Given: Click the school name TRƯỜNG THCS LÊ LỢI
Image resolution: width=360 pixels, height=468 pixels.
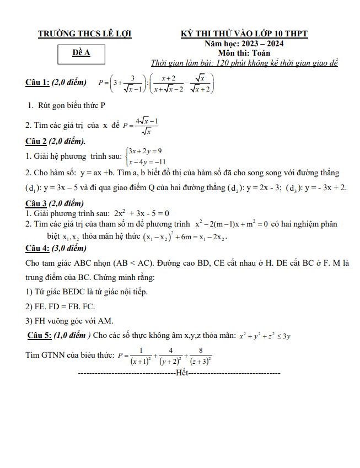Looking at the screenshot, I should (x=84, y=34).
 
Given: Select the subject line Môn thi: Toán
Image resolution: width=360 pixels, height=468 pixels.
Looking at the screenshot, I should (x=244, y=53).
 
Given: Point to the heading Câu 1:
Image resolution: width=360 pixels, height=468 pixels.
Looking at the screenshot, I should (x=37, y=83).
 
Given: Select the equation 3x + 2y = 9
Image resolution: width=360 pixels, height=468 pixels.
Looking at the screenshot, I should (x=144, y=151).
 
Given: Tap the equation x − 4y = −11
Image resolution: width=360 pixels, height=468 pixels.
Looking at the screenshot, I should (x=147, y=162).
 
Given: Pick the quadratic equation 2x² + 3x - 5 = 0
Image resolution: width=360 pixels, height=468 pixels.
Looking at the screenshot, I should (x=141, y=213).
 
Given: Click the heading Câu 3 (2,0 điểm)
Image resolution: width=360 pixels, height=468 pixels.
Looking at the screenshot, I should (x=54, y=203).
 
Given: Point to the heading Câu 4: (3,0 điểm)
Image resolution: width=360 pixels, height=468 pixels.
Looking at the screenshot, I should (x=56, y=248).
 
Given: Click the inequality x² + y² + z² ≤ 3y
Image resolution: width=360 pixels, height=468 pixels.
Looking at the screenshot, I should (x=265, y=335).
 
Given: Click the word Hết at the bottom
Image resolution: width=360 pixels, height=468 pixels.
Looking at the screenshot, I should (x=181, y=374).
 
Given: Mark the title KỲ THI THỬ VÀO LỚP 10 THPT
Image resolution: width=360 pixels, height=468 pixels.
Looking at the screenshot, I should (x=244, y=34).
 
